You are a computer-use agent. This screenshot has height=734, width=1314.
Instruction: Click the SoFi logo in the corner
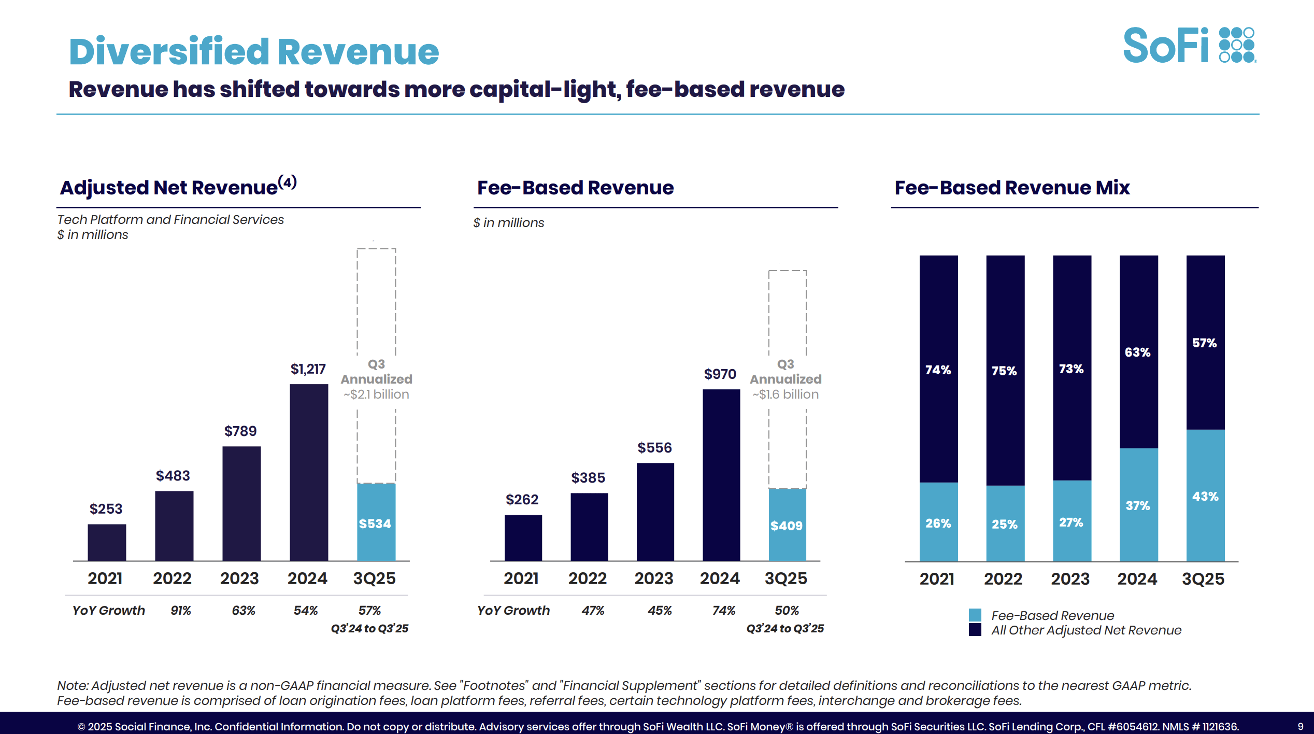[1188, 46]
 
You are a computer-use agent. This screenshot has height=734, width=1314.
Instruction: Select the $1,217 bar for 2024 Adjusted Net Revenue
[309, 472]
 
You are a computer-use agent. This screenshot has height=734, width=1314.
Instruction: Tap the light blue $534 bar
[376, 522]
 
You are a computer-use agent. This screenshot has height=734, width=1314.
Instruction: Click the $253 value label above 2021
[106, 509]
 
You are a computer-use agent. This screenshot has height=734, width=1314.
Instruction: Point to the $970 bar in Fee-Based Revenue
[721, 474]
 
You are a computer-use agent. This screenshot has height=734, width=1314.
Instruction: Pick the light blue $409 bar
[787, 525]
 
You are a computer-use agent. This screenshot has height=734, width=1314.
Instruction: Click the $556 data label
[654, 447]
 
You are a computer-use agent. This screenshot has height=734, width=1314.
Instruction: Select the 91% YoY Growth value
[181, 610]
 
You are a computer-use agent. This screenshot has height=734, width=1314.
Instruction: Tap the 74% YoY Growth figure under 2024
[724, 610]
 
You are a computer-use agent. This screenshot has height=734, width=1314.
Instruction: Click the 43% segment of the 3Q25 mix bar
[1205, 496]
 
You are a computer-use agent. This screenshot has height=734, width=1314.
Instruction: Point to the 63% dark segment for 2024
[1138, 352]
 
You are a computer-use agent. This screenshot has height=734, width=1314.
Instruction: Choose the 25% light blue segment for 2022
[1005, 524]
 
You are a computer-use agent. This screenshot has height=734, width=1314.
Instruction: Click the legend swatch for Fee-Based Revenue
[975, 615]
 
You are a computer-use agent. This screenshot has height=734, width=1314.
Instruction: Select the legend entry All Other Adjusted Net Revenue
[1086, 630]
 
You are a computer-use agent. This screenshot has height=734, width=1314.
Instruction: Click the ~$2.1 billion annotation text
[376, 394]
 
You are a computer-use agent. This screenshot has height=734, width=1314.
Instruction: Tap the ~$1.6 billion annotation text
[785, 394]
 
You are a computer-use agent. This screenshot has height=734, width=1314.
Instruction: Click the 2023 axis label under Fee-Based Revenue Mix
[1070, 578]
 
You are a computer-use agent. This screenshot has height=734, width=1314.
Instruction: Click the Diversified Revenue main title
[254, 52]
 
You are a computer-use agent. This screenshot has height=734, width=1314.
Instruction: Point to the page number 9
[1300, 726]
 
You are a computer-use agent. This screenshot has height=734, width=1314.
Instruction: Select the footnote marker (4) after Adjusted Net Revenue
[288, 182]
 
